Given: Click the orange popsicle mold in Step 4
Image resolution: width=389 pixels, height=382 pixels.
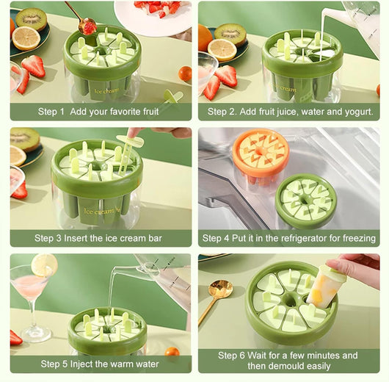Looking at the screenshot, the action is [x=261, y=156].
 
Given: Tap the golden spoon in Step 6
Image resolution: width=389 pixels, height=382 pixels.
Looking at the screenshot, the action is [x=216, y=299].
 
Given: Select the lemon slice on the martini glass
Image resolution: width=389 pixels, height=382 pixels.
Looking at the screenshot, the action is [x=44, y=264].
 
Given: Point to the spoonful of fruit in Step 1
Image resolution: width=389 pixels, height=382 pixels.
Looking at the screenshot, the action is [x=87, y=27].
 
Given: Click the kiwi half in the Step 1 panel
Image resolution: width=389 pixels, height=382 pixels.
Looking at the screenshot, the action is [x=32, y=19].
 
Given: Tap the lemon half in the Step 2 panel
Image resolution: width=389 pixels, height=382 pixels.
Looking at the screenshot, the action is [x=222, y=50].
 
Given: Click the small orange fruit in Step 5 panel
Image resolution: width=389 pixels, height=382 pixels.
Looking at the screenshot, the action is [x=172, y=352].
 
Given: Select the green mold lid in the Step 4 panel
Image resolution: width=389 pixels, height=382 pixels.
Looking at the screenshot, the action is [x=306, y=201].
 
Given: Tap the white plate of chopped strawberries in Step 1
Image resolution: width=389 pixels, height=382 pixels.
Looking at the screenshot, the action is [x=153, y=18].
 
